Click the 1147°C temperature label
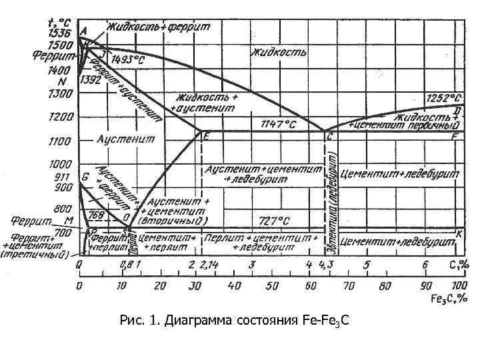click(277, 124)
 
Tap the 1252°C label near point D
click(441, 97)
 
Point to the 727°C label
click(274, 219)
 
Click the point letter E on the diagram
click(207, 137)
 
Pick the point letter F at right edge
click(455, 137)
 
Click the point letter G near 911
click(85, 177)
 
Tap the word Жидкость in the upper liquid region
click(279, 52)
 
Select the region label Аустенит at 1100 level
click(125, 139)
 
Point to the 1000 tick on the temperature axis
click(59, 164)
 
